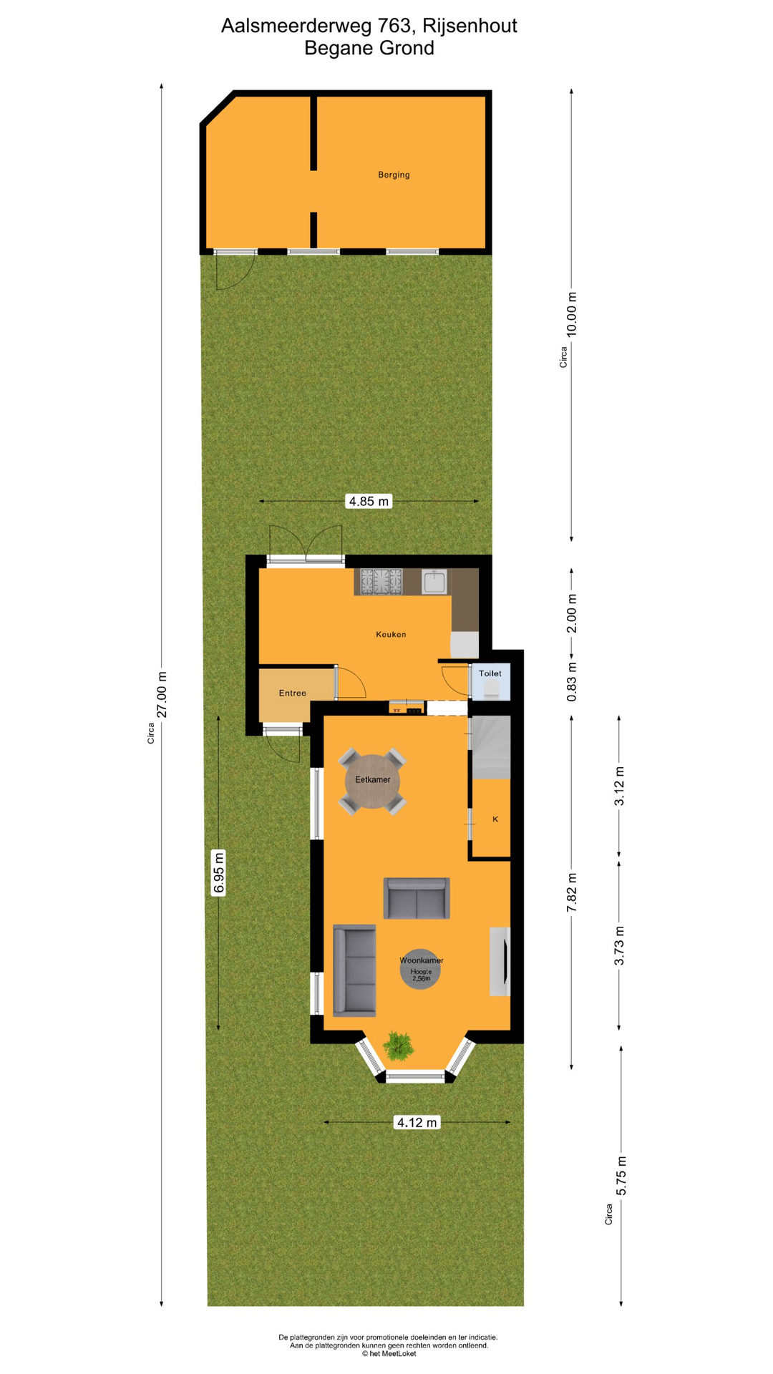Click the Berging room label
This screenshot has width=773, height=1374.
[394, 175]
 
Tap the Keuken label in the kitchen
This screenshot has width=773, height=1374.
[391, 634]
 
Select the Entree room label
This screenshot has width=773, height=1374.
[293, 693]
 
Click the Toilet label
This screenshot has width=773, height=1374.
[490, 673]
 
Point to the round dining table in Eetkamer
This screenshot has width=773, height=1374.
[372, 781]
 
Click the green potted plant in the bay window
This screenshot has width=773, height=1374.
[398, 1046]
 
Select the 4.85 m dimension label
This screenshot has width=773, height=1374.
[369, 501]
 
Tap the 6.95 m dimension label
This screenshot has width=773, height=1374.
[219, 872]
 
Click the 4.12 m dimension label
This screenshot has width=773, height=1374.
[417, 1122]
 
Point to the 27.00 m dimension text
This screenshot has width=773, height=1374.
[162, 694]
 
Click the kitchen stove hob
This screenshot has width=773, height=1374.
[381, 582]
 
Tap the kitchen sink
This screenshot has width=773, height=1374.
[434, 582]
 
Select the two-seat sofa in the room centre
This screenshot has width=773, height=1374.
[417, 898]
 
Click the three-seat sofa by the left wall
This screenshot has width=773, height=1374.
[354, 970]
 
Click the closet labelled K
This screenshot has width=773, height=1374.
[491, 818]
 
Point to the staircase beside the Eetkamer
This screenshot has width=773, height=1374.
[490, 746]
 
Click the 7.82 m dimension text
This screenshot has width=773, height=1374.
[572, 892]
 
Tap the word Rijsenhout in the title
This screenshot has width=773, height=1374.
[470, 26]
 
